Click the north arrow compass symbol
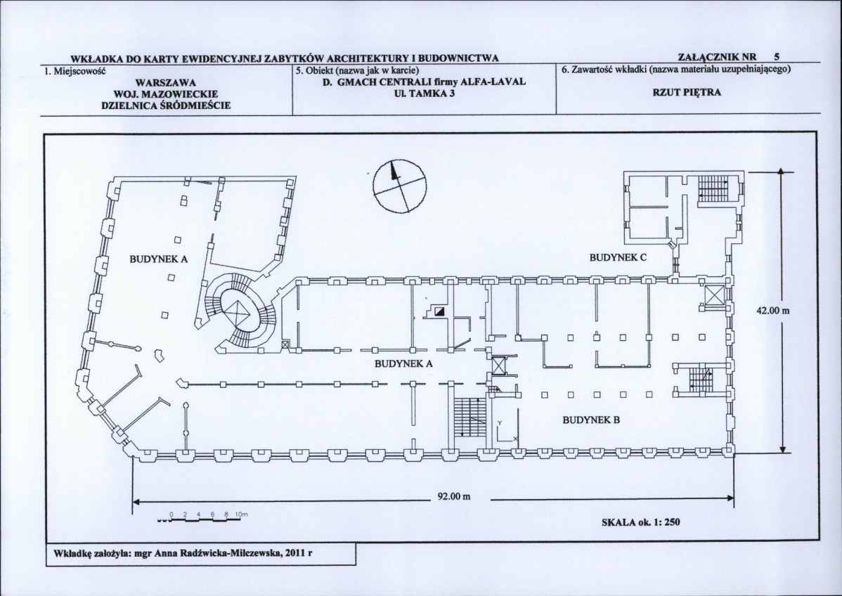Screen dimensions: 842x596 click(x=399, y=186)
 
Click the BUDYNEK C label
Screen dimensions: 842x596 click(x=618, y=257)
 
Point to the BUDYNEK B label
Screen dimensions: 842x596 click(x=591, y=420)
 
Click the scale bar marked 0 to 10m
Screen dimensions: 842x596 click(x=202, y=517)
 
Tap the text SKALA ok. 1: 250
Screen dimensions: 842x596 click(x=641, y=521)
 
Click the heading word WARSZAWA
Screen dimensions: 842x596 click(x=166, y=83)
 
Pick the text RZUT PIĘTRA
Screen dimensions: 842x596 click(x=687, y=92)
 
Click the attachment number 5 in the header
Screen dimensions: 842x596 click(x=777, y=56)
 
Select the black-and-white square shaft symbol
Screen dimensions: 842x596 click(x=440, y=311)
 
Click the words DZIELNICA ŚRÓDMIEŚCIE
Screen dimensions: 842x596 click(x=166, y=105)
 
